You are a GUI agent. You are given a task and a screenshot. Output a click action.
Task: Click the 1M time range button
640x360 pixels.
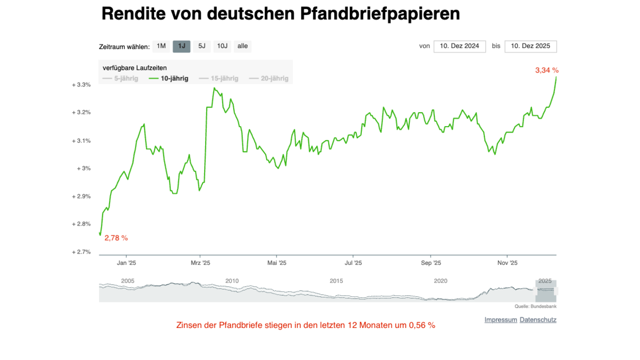coord(161,46)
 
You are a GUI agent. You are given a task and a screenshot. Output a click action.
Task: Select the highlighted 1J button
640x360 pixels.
coord(181,46)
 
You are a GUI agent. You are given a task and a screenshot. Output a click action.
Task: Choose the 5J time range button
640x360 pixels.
coord(202,46)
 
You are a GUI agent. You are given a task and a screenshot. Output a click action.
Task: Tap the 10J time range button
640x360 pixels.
coord(222,46)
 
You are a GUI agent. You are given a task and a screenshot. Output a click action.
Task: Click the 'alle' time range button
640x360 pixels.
coord(242,46)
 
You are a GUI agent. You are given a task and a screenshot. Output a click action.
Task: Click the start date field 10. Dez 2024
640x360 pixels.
coord(459,46)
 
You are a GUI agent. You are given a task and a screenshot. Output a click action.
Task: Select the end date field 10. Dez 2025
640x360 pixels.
coord(530,46)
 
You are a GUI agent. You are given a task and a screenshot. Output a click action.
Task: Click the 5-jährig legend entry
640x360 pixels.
coord(121,78)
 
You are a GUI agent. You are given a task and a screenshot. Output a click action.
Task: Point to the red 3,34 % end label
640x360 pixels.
coord(546,70)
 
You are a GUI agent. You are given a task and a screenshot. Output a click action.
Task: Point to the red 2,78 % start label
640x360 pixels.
coord(116,238)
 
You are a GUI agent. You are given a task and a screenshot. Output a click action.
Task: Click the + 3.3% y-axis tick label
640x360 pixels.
coord(81,85)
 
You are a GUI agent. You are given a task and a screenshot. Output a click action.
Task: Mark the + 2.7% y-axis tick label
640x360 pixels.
coord(81,252)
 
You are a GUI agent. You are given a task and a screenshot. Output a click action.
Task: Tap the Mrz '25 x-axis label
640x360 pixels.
coord(200,263)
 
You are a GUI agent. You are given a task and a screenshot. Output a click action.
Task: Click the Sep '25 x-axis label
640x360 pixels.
coord(431,263)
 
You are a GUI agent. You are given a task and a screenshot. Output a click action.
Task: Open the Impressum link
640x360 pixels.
coord(500,320)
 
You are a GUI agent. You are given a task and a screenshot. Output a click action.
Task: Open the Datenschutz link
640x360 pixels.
coord(538,320)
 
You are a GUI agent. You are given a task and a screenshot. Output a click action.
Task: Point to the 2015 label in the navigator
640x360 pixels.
coord(336,281)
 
